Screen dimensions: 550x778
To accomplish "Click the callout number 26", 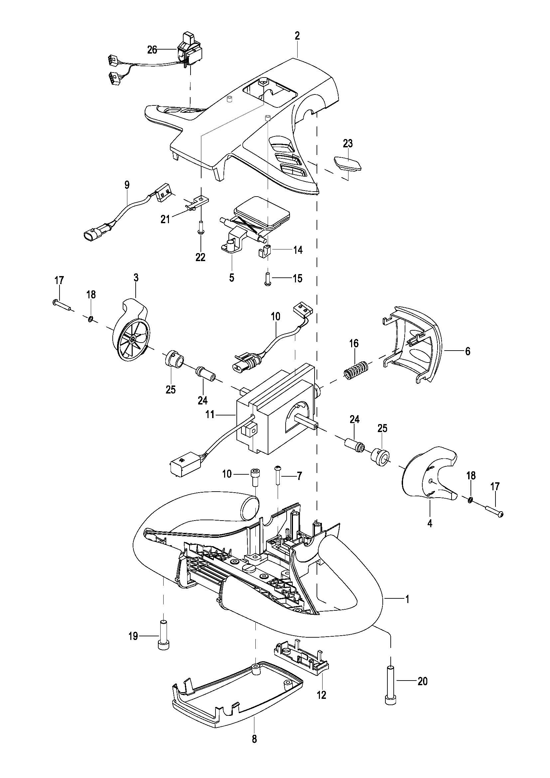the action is [152, 50].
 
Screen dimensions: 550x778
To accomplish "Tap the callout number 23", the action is [348, 143].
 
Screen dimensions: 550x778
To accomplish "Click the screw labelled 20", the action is [391, 686].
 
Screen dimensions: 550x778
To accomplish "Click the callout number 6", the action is [468, 351].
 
